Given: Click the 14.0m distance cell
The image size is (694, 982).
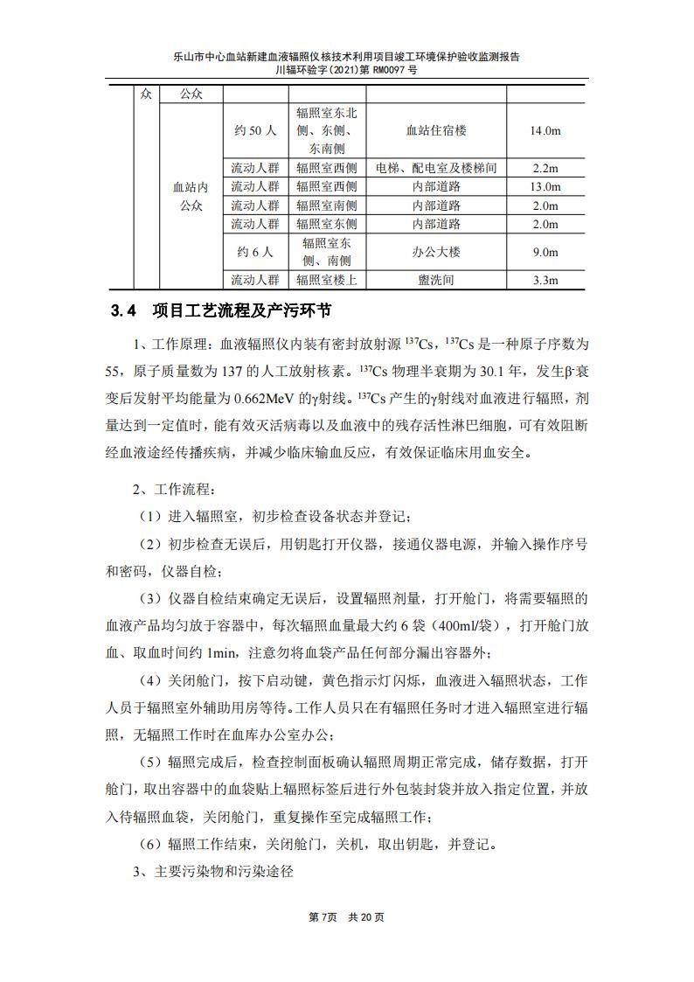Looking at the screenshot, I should click(x=545, y=131).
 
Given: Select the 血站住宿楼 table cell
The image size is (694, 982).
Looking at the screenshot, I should click(x=436, y=131).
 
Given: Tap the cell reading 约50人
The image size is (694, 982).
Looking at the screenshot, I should click(x=255, y=131).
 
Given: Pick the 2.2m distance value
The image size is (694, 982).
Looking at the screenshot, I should click(x=545, y=168).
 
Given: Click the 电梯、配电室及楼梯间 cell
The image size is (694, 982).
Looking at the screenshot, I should click(x=436, y=168).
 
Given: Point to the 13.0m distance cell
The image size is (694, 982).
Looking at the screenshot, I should click(x=545, y=186).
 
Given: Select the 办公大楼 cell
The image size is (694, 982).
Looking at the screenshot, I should click(x=436, y=252).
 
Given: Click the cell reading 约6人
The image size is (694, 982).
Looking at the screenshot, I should click(x=255, y=252).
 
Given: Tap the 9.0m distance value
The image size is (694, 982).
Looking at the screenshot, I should click(x=545, y=252).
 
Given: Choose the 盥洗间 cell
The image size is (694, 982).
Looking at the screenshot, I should click(x=436, y=281).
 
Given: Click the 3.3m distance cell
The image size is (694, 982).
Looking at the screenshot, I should click(x=545, y=281).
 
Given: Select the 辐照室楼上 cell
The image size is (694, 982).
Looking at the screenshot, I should click(x=326, y=281).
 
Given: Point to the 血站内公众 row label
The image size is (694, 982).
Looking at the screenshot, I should click(x=191, y=197).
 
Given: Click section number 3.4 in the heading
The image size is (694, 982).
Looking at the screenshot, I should click(x=124, y=311).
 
